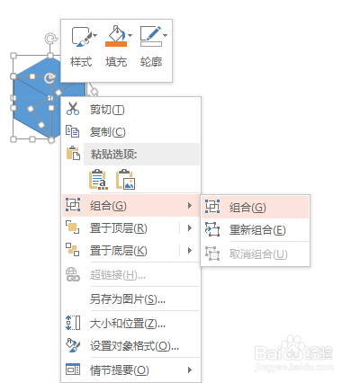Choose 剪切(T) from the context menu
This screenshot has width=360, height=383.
[x=107, y=110]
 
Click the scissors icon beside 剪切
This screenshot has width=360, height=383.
[x=73, y=109]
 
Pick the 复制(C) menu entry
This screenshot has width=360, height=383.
[x=107, y=132]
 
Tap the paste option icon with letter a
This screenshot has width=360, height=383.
[x=98, y=180]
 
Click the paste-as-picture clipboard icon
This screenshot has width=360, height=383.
[x=126, y=180]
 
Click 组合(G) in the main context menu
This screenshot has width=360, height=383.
[x=108, y=206]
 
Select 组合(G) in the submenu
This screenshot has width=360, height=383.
[x=247, y=207]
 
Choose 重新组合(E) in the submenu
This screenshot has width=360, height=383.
[x=257, y=230]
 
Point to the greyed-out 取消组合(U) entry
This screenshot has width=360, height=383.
[x=258, y=254]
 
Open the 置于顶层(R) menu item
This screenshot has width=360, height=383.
[x=119, y=228]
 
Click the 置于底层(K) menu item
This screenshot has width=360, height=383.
[x=119, y=250]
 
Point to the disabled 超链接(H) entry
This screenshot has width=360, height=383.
[x=118, y=274]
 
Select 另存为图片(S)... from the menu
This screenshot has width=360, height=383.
[x=128, y=298]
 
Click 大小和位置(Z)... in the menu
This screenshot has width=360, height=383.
[x=128, y=323]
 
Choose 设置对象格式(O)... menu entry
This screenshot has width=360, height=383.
[x=134, y=346]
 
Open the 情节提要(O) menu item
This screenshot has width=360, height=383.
[x=120, y=370]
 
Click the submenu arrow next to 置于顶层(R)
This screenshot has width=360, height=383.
[x=190, y=228]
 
